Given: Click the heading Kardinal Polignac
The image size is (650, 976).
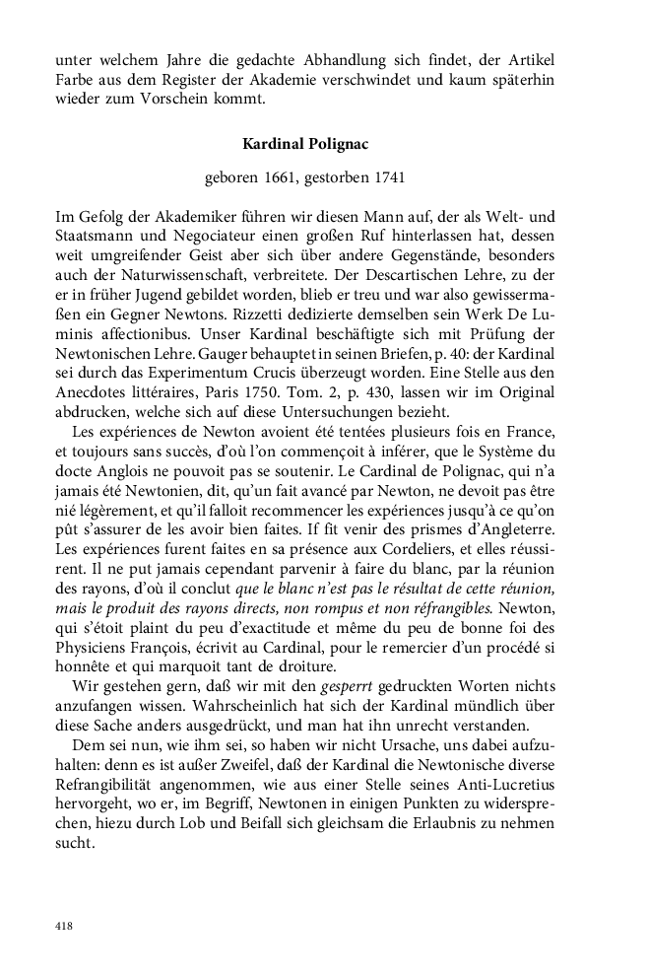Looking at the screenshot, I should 305,144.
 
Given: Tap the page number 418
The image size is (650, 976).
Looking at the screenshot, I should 63,926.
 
